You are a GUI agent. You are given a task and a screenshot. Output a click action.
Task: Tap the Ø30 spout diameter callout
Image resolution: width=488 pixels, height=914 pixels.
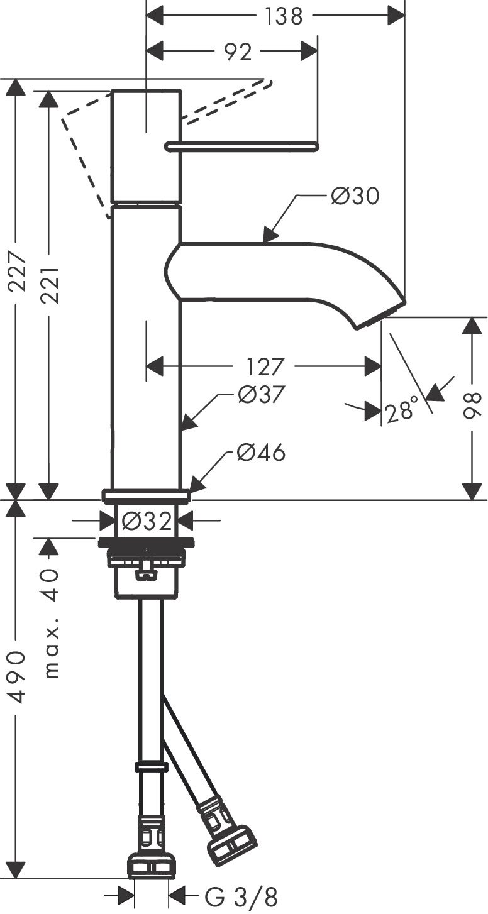[x=355, y=196]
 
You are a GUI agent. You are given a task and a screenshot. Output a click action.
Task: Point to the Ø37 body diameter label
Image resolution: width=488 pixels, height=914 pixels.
[x=262, y=395]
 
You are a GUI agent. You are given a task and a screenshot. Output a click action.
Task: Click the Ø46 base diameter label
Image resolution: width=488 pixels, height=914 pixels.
[x=261, y=452]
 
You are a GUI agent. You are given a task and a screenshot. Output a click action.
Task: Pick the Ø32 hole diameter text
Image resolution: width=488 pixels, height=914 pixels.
[x=146, y=521]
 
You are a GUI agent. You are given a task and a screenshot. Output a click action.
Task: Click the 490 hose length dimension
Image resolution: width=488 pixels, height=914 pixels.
[x=17, y=678]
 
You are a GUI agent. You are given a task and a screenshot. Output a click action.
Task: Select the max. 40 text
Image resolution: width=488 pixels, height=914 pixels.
[x=50, y=622]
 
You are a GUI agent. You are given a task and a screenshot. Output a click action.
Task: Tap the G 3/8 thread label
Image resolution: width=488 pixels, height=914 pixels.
[x=241, y=897]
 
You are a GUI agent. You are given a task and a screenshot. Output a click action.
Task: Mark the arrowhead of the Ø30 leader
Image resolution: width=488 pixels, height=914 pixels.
[x=269, y=238]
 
